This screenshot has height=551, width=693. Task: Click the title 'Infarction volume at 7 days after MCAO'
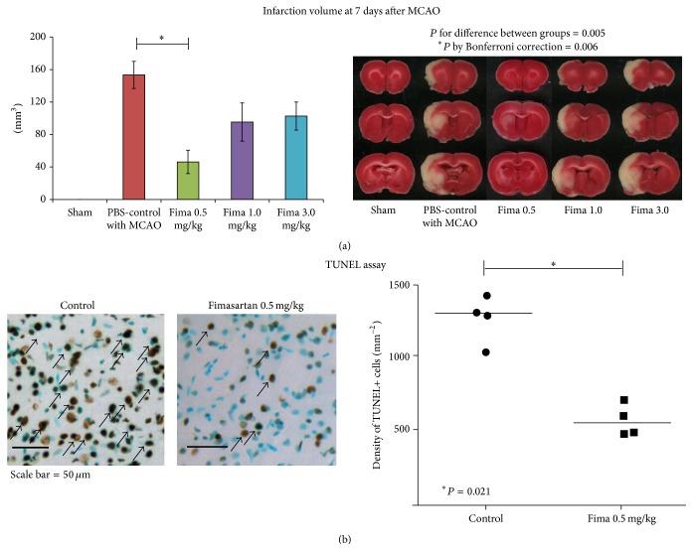(345, 11)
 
